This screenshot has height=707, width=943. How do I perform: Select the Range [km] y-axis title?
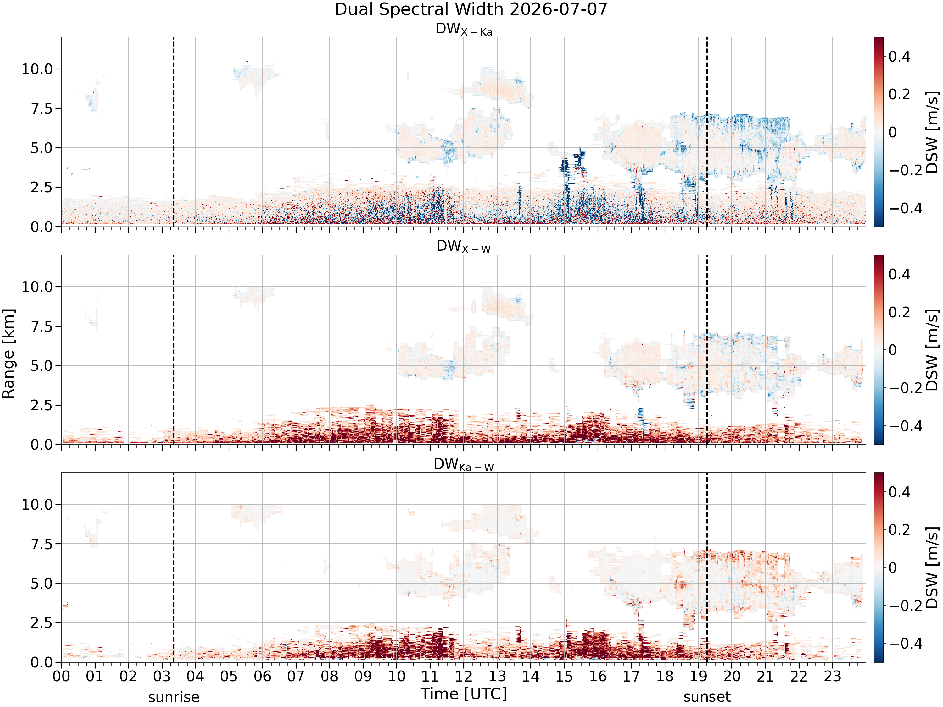click(x=8, y=354)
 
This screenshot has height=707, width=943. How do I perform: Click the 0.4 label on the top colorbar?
click(x=900, y=56)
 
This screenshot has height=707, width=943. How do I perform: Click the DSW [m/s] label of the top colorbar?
click(x=932, y=132)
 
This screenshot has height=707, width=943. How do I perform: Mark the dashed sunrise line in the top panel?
click(x=174, y=132)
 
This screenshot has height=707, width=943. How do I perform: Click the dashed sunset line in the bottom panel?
click(x=707, y=567)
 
